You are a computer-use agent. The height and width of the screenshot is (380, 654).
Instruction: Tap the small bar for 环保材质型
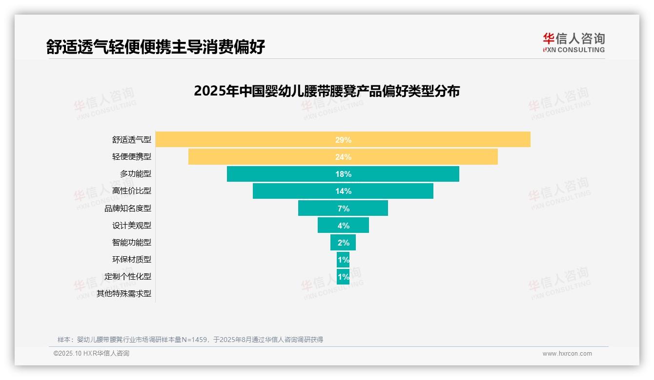pyautogui.click(x=343, y=259)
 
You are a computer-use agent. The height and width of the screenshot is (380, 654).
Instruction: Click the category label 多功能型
pyautogui.click(x=135, y=174)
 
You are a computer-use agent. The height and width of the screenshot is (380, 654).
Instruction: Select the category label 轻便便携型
pyautogui.click(x=131, y=157)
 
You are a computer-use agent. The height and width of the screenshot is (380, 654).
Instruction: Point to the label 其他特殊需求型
pyautogui.click(x=123, y=294)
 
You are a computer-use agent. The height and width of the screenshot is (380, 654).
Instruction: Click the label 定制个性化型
pyautogui.click(x=127, y=276)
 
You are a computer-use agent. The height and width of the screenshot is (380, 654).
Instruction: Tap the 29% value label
pyautogui.click(x=343, y=140)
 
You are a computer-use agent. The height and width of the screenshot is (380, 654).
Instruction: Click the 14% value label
pyautogui.click(x=343, y=191)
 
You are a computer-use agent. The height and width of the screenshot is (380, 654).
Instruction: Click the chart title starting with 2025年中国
pyautogui.click(x=327, y=91)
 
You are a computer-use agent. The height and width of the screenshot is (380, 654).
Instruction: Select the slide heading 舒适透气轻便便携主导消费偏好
pyautogui.click(x=155, y=47)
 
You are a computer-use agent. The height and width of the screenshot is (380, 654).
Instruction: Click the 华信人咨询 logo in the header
pyautogui.click(x=573, y=42)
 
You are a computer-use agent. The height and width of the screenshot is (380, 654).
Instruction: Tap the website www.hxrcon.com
pyautogui.click(x=567, y=354)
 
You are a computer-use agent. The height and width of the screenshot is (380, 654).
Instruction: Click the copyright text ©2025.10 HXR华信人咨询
pyautogui.click(x=91, y=354)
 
